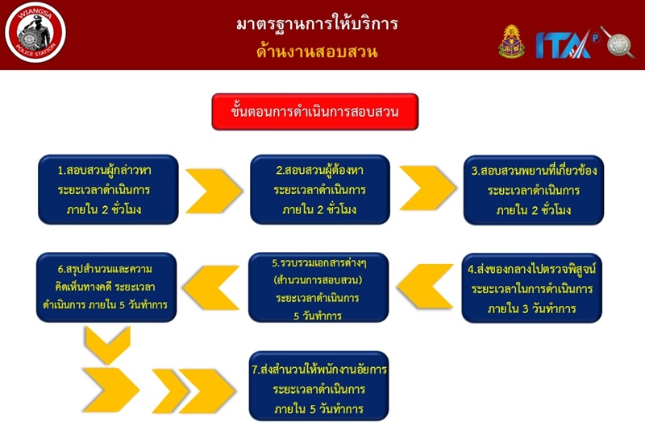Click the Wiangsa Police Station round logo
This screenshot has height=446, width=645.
click(x=35, y=34)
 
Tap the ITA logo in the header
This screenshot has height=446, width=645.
click(x=564, y=43)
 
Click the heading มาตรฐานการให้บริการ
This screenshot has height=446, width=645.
click(x=317, y=23)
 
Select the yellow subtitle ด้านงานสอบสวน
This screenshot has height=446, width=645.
click(x=317, y=52)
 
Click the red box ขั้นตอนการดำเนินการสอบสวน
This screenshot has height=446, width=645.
click(x=316, y=112)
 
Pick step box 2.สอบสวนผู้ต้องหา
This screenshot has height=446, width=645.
click(x=319, y=190)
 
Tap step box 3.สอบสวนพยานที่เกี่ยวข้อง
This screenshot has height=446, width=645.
click(x=533, y=191)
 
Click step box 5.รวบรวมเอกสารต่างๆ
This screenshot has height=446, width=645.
click(x=318, y=287)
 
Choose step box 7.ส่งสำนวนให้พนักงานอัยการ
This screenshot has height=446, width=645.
click(x=319, y=388)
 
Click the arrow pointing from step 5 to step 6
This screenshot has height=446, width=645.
click(x=213, y=287)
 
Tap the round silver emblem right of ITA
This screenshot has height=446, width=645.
click(x=618, y=42)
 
